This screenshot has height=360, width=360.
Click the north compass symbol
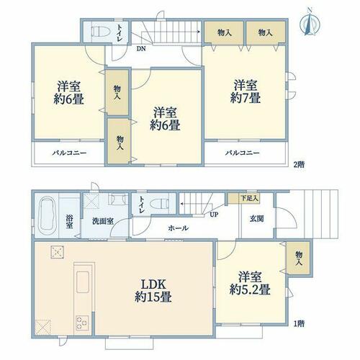click(310, 22)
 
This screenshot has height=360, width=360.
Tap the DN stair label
click(141, 49)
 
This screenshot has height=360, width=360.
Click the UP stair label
click(214, 215)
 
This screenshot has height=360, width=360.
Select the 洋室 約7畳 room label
click(246, 91)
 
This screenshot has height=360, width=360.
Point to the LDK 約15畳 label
click(153, 291)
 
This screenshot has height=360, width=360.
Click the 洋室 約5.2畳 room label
click(250, 283)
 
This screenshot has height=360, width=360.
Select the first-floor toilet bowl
click(159, 204)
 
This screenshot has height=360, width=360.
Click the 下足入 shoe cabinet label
click(249, 198)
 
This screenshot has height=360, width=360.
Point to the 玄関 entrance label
click(257, 219)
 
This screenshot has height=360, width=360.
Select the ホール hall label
click(178, 228)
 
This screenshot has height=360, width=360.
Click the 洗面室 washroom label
click(103, 221)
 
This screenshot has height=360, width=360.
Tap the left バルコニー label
click(69, 153)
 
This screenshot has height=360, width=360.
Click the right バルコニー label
click(242, 153)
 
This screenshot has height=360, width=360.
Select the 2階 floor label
click(300, 164)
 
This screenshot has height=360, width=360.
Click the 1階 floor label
click(300, 324)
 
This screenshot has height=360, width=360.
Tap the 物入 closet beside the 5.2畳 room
click(299, 258)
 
